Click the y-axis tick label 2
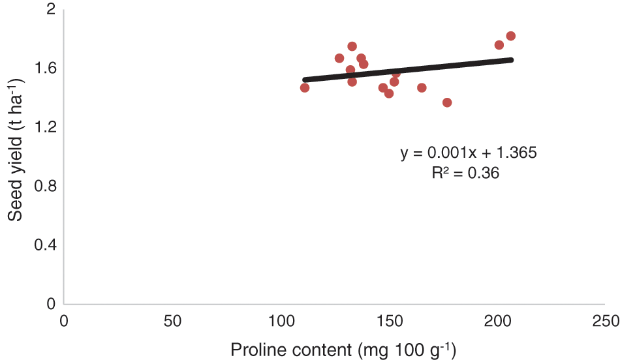coord(50,10)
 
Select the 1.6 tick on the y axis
coord(46,68)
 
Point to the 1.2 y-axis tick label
coord(46,127)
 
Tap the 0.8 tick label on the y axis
coord(46,186)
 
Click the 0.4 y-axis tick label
coord(46,245)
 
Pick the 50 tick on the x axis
coord(172,321)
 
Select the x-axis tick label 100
coord(281,321)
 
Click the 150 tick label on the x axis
coord(389,321)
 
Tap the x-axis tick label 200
coord(497,321)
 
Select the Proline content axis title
coord(343,350)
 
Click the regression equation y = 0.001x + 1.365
coord(468,154)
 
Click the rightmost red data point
coord(511,36)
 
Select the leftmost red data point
coord(305,87)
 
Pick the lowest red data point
coord(447,102)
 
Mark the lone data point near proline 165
coord(422,87)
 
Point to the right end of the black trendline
coord(512,59)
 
